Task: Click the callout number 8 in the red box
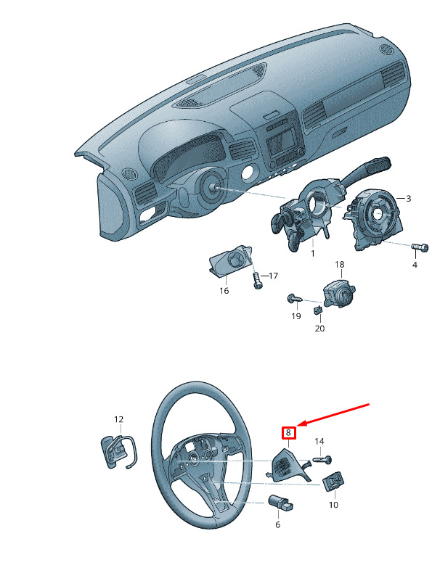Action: [x=288, y=432]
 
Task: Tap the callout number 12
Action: [x=118, y=419]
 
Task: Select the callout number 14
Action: [x=319, y=441]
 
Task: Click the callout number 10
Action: [x=333, y=505]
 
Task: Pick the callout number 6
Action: [x=277, y=524]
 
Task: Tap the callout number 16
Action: [x=224, y=290]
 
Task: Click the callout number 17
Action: [x=274, y=276]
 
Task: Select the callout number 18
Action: [x=340, y=265]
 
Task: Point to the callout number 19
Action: [x=296, y=316]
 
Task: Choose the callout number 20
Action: [x=319, y=329]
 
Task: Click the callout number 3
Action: [x=408, y=199]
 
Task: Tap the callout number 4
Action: [x=415, y=265]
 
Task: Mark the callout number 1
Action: [x=313, y=253]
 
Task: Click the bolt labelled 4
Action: [x=420, y=247]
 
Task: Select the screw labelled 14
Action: [x=322, y=461]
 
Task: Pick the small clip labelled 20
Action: [x=317, y=310]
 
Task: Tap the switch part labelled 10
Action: [x=333, y=482]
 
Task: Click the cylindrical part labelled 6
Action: [x=281, y=503]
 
